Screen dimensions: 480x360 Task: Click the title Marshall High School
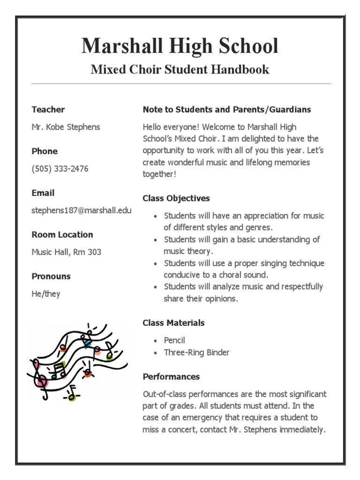point(180,46)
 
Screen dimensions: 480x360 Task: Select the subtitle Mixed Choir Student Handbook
point(180,70)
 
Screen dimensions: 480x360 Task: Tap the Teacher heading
point(48,110)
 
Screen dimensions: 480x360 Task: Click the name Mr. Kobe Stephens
point(66,127)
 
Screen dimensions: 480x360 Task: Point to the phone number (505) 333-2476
point(60,169)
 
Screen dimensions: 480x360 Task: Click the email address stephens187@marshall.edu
point(82,210)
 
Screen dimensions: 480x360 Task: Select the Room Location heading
point(62,234)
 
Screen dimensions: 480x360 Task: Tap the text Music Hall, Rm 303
point(66,252)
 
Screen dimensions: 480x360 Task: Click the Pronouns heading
point(51,276)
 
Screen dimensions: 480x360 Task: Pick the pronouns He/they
point(46,294)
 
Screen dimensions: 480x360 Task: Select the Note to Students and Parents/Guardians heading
point(227,110)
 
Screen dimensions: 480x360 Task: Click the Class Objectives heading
point(176,198)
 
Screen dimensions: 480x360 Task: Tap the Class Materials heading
point(173,323)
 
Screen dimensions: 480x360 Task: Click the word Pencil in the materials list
point(174,340)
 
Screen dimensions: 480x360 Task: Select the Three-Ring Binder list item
point(196,352)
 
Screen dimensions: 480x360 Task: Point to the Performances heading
point(171,377)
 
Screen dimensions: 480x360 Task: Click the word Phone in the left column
point(45,151)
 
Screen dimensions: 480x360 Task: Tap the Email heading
point(43,193)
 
